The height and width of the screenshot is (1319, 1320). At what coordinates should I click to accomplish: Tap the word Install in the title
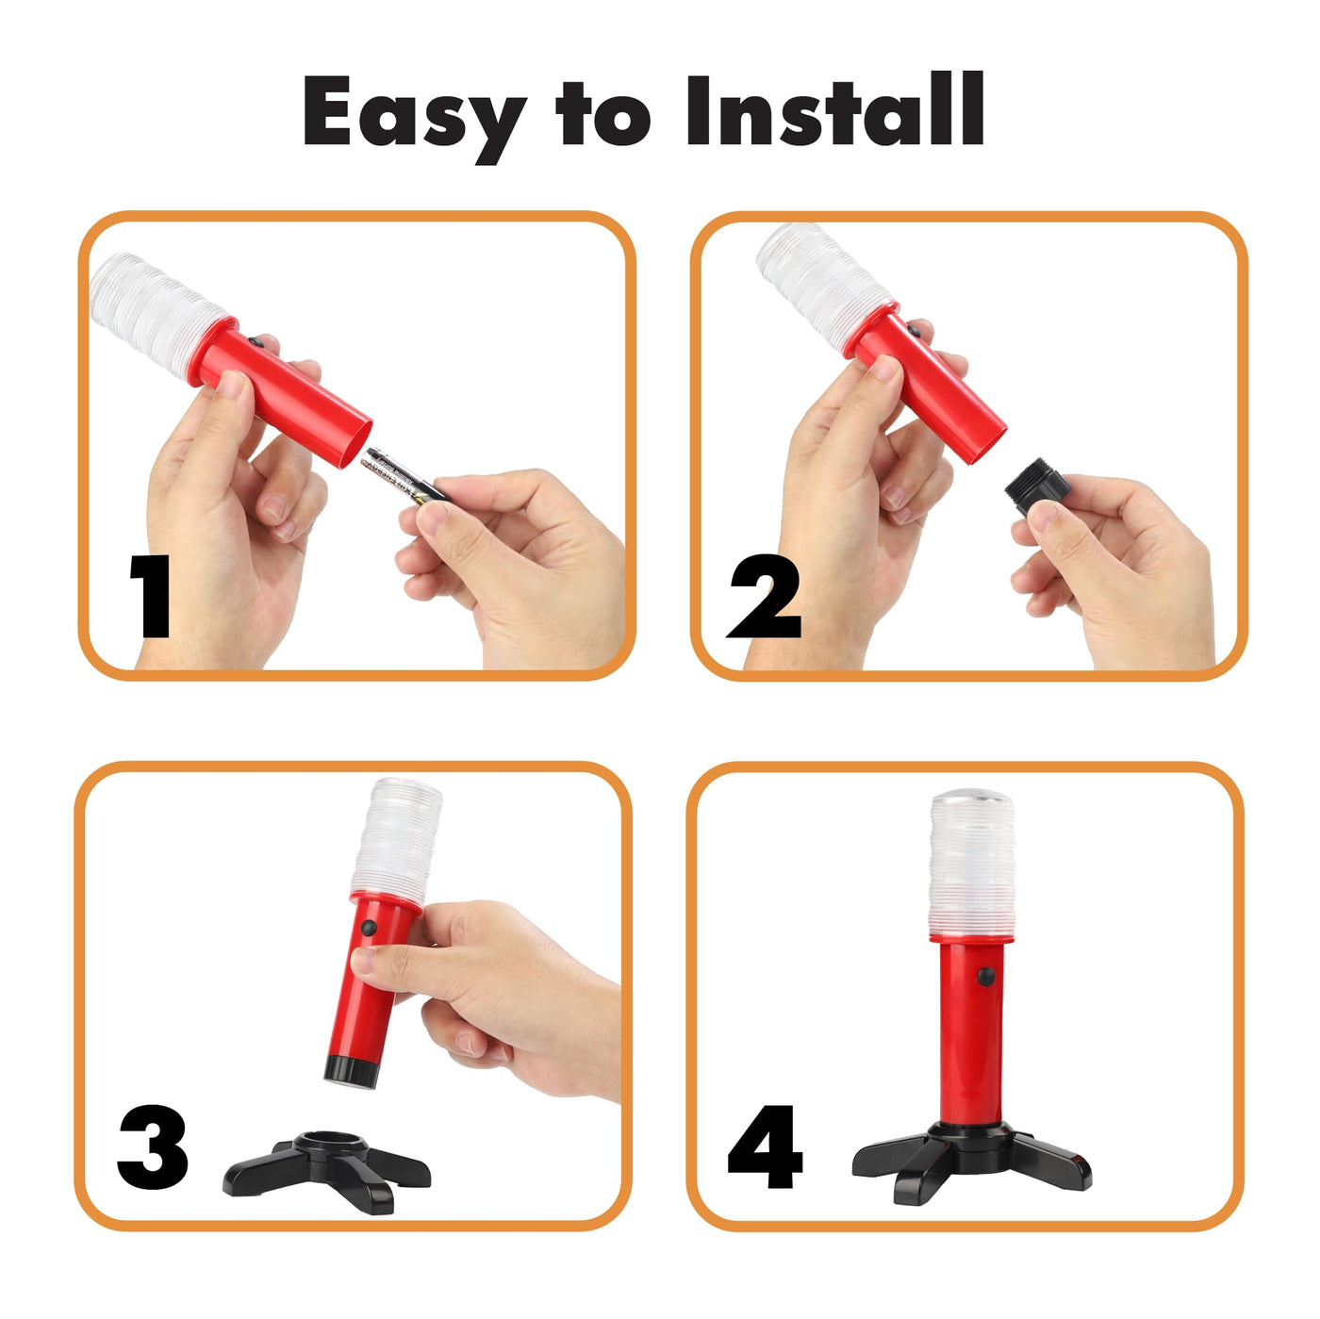coord(835,108)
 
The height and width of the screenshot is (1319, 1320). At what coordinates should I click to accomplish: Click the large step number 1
coord(150,596)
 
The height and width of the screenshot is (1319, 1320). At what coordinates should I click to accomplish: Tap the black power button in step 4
coord(986,977)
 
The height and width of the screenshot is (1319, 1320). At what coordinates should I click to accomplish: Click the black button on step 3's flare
coord(369,929)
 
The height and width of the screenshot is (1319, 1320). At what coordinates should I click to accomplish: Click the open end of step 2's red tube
coord(987,445)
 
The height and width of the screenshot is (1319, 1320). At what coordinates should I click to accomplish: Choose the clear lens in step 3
coord(396,842)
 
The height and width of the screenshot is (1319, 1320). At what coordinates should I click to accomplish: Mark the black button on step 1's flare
coord(256,340)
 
